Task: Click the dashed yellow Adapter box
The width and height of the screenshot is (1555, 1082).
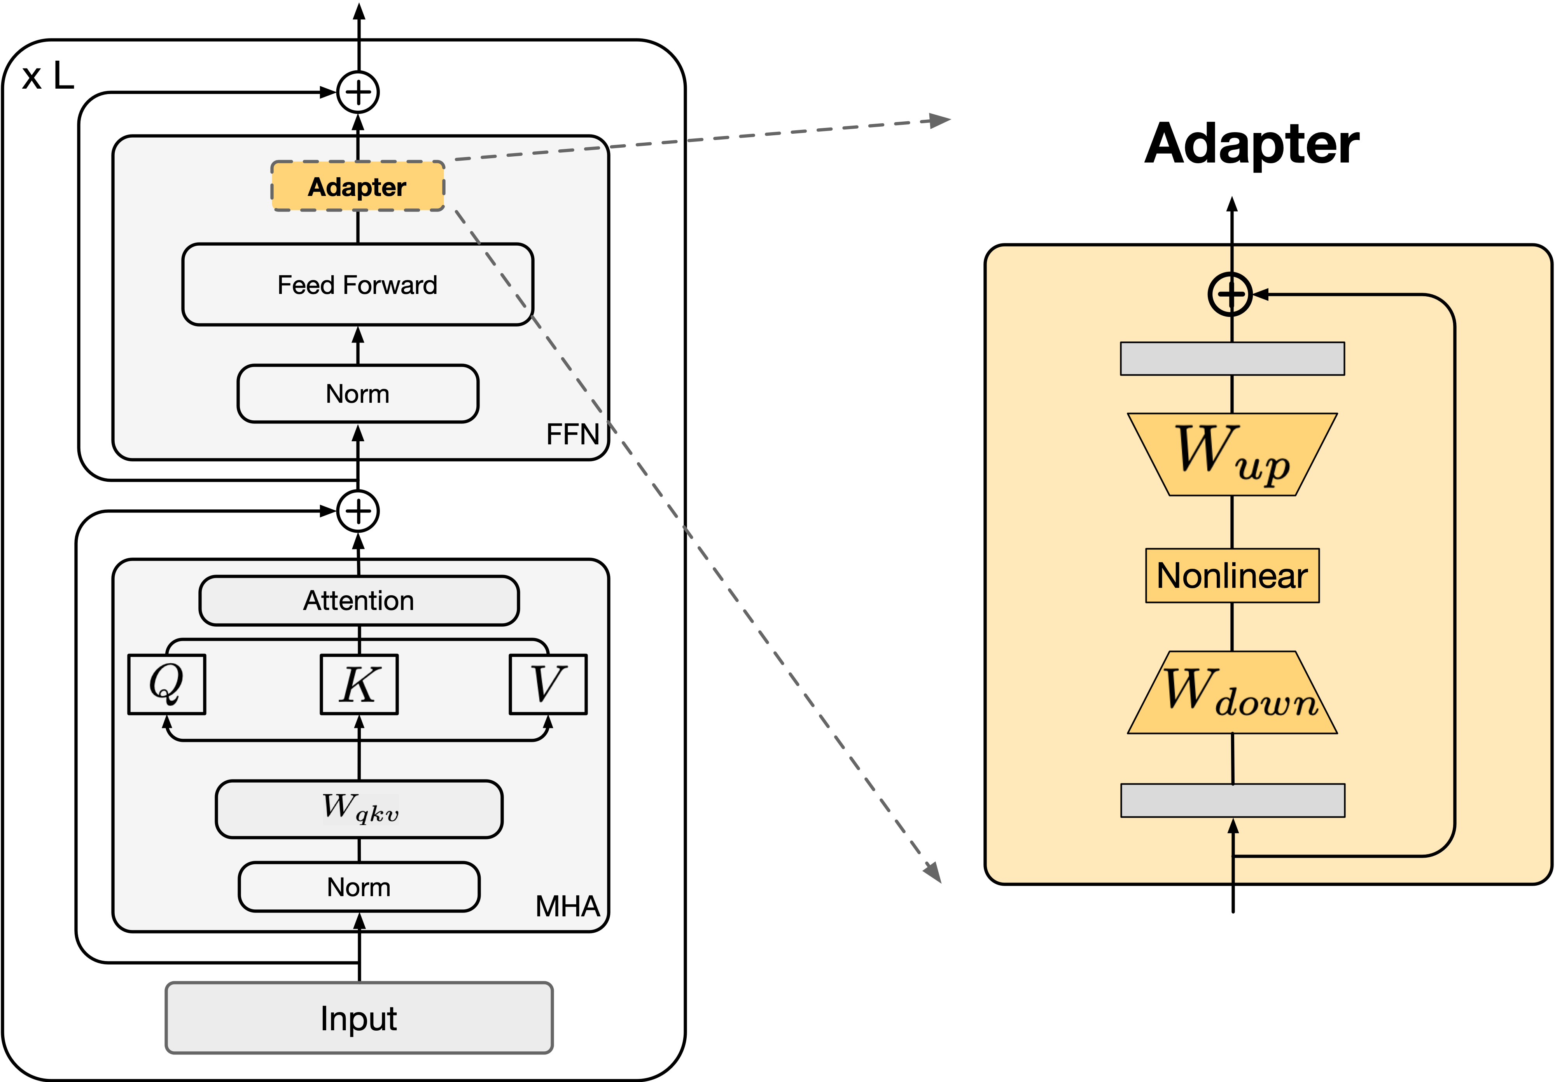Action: click(358, 186)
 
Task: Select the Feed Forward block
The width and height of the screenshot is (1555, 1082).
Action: click(358, 284)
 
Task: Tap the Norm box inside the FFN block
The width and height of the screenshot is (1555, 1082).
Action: click(358, 393)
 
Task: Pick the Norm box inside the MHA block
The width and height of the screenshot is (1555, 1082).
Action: click(359, 886)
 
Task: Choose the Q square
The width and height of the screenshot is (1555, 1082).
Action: click(166, 684)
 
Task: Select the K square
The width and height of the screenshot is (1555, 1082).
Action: click(359, 684)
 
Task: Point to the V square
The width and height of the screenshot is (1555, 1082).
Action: click(548, 684)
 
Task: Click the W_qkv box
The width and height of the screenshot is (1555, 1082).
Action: click(359, 808)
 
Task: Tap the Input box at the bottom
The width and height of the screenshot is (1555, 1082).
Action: click(359, 1018)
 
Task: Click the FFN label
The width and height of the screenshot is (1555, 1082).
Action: click(572, 434)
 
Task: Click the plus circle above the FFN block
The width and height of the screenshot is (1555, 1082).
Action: click(358, 92)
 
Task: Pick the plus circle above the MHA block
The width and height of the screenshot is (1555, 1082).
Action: click(358, 511)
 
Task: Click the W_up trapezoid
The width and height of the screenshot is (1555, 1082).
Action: click(1232, 454)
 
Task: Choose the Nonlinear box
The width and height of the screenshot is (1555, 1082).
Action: click(1232, 575)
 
